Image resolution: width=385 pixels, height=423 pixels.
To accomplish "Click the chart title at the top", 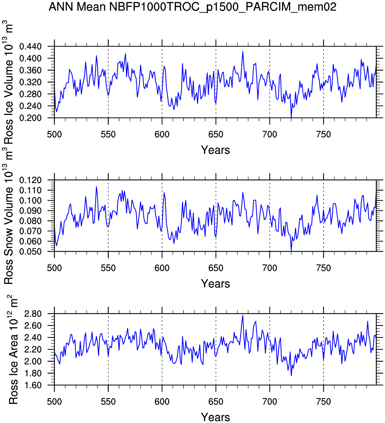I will click(192, 7).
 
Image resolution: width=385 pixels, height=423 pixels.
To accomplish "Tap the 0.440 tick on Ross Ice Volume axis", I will click(30, 46).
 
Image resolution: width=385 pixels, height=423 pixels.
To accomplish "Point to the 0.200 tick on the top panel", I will click(30, 118).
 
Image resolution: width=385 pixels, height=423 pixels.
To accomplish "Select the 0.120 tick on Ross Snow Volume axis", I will click(30, 180).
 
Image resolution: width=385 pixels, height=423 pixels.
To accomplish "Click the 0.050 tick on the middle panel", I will click(30, 251).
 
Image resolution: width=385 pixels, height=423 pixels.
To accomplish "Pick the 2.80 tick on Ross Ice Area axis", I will click(33, 314).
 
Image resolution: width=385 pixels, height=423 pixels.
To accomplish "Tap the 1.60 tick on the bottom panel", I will click(33, 385).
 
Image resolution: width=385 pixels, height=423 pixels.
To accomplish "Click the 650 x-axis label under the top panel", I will click(216, 135).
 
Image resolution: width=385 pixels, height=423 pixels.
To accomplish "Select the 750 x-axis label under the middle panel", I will click(323, 268).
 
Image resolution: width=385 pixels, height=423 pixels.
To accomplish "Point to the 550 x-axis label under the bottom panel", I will click(108, 402).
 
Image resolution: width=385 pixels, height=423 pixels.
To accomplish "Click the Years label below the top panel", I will click(215, 150).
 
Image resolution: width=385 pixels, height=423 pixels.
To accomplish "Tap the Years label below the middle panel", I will click(215, 284).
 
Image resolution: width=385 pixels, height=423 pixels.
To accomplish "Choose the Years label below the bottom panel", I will click(215, 417).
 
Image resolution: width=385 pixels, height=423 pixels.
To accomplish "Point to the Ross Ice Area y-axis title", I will click(13, 350).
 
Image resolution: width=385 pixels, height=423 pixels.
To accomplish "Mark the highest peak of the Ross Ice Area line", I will click(243, 315).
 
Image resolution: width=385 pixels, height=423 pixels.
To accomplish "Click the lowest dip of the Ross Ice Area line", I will click(291, 376).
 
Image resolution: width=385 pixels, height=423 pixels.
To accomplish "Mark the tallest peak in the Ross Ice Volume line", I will click(243, 51).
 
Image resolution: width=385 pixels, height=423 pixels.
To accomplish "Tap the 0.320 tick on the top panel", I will click(30, 82).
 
